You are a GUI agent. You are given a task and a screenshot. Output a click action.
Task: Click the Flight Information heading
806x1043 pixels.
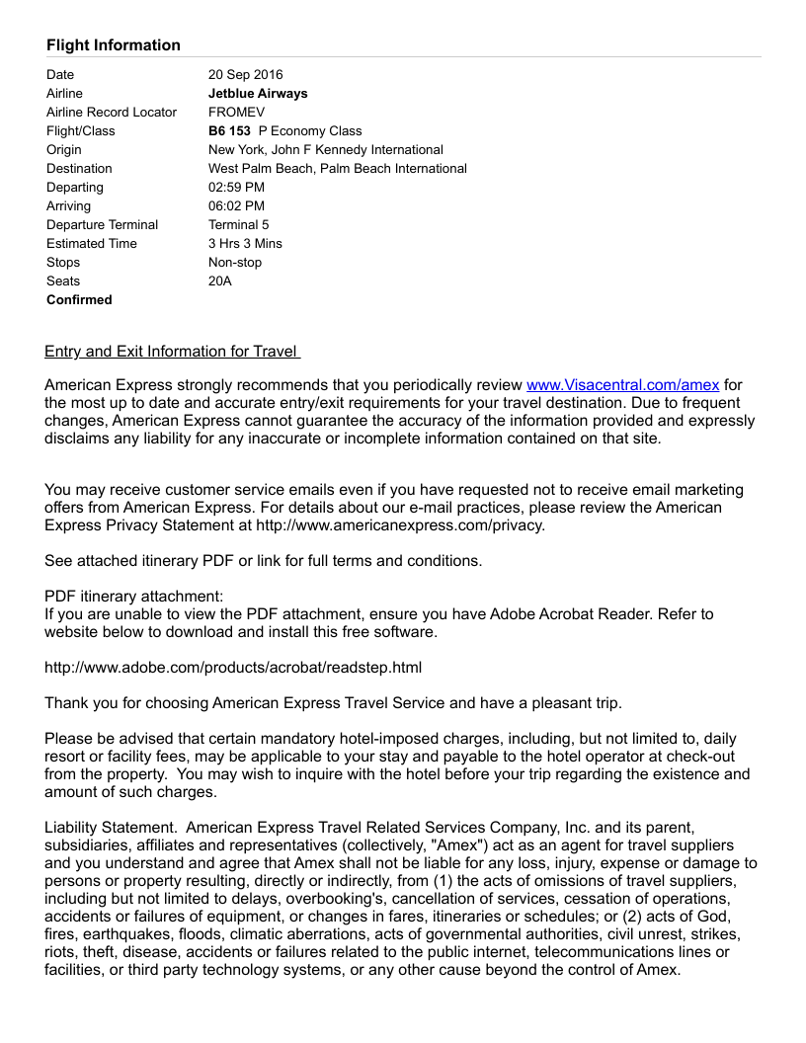click(x=114, y=45)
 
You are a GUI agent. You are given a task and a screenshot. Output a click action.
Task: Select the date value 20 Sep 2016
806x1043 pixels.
click(x=245, y=75)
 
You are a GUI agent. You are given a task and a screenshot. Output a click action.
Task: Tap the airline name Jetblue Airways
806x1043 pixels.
click(x=258, y=94)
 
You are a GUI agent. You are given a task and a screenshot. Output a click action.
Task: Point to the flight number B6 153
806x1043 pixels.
click(x=229, y=131)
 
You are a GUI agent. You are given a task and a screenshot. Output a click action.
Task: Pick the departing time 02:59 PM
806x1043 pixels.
click(x=236, y=188)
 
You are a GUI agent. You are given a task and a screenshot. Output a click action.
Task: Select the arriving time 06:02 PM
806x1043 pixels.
click(x=236, y=206)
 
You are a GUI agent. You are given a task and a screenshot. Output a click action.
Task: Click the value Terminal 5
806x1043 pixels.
click(x=238, y=225)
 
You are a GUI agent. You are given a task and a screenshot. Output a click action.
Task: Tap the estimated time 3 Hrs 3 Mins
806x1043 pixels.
click(x=245, y=244)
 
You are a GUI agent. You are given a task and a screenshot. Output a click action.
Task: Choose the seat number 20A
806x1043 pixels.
click(x=220, y=281)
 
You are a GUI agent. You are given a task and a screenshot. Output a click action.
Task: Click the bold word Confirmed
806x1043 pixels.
click(x=79, y=300)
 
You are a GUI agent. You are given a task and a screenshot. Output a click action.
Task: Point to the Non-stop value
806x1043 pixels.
click(x=235, y=263)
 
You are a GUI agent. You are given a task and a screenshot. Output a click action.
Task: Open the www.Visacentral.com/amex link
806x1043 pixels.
click(x=622, y=385)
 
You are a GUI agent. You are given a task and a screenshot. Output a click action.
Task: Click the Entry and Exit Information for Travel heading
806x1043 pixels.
click(x=172, y=352)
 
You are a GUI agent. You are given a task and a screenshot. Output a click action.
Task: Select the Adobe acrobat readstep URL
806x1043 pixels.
click(x=233, y=668)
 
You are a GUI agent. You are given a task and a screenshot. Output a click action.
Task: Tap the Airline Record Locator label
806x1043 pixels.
click(x=112, y=113)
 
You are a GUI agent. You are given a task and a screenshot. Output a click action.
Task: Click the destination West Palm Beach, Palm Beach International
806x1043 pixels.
click(x=338, y=169)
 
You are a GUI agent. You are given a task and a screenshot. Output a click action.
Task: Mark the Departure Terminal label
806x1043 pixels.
click(x=102, y=225)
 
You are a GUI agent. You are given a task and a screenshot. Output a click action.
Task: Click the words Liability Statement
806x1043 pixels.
click(x=112, y=828)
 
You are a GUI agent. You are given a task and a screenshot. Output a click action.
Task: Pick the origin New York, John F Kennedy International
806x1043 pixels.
click(x=326, y=150)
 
